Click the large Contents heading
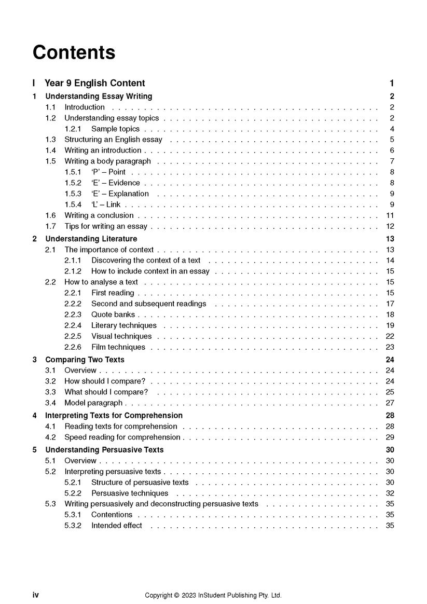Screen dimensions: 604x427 pos(74,52)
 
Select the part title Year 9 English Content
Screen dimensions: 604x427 pos(94,83)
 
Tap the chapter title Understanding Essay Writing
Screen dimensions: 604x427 pos(99,96)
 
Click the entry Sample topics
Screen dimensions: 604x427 pos(115,129)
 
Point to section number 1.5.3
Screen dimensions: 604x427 pos(73,194)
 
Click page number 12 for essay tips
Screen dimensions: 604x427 pos(390,226)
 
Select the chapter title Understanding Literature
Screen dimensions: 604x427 pos(91,239)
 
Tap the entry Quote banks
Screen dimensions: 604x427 pos(113,314)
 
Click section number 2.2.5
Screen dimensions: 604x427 pos(73,336)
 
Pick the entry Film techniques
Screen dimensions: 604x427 pos(118,347)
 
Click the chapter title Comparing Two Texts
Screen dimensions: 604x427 pos(85,360)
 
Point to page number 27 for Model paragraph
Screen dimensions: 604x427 pos(390,403)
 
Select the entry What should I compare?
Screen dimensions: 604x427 pos(106,392)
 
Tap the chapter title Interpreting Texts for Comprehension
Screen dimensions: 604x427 pos(114,415)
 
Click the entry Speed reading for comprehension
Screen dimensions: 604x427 pos(122,437)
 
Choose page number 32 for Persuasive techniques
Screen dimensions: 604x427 pos(390,493)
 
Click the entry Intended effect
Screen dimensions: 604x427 pos(116,525)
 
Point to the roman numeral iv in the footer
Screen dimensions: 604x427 pos(35,595)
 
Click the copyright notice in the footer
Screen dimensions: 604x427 pos(213,595)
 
